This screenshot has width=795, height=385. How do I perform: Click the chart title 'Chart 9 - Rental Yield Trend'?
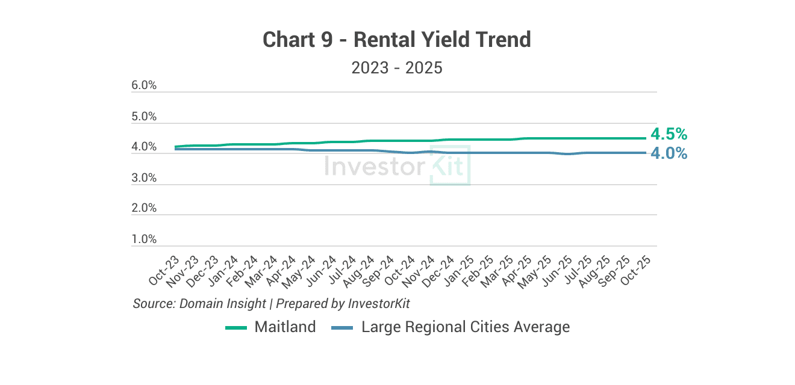[397, 40]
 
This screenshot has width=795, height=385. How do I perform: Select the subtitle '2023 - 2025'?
[397, 67]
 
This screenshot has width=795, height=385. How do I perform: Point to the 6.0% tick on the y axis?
[144, 86]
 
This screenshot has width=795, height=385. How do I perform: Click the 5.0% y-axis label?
[144, 117]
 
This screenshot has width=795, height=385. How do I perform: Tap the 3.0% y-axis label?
[144, 178]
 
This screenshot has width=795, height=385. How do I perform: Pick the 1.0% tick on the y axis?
[144, 239]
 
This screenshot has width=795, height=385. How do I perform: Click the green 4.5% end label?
[669, 134]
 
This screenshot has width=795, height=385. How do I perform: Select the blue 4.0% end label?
[669, 153]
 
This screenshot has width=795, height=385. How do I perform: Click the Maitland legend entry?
[285, 327]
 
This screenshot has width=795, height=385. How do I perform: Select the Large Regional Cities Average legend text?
[465, 327]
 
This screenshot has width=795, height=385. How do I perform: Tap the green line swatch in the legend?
[236, 328]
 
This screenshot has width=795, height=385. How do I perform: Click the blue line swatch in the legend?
[343, 328]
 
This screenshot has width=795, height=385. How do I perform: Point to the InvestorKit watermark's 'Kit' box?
[449, 165]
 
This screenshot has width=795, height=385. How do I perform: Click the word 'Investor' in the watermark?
[375, 166]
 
